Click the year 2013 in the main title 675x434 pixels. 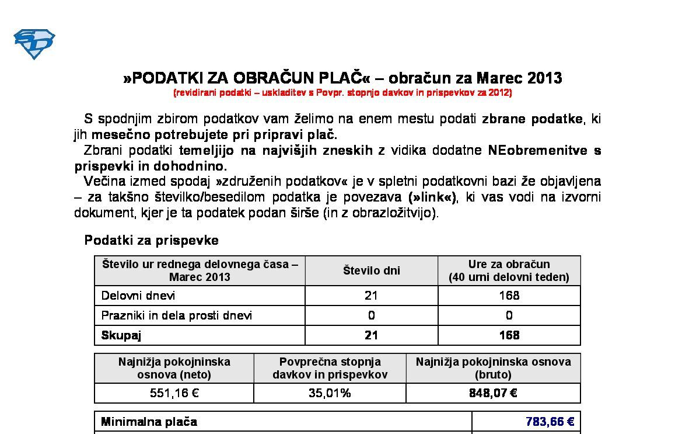tap(544, 78)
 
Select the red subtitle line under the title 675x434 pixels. tap(342, 93)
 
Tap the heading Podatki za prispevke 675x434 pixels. tap(152, 240)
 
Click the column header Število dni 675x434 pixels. tap(371, 270)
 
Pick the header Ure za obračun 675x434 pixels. tap(509, 264)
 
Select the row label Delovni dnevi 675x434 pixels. tap(138, 296)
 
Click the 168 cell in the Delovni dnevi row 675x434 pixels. tap(509, 296)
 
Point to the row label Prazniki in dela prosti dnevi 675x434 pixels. tap(177, 315)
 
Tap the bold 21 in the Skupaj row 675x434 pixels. tap(371, 335)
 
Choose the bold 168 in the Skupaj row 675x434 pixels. tap(509, 335)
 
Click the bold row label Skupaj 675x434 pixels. tap(121, 335)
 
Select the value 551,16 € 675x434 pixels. tap(174, 393)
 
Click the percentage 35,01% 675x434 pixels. tap(330, 393)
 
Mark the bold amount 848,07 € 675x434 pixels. tap(493, 393)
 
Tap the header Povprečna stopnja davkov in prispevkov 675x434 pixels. tap(330, 368)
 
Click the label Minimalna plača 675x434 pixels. tap(149, 422)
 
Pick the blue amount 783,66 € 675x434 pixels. tap(550, 422)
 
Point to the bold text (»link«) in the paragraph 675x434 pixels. tap(432, 197)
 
